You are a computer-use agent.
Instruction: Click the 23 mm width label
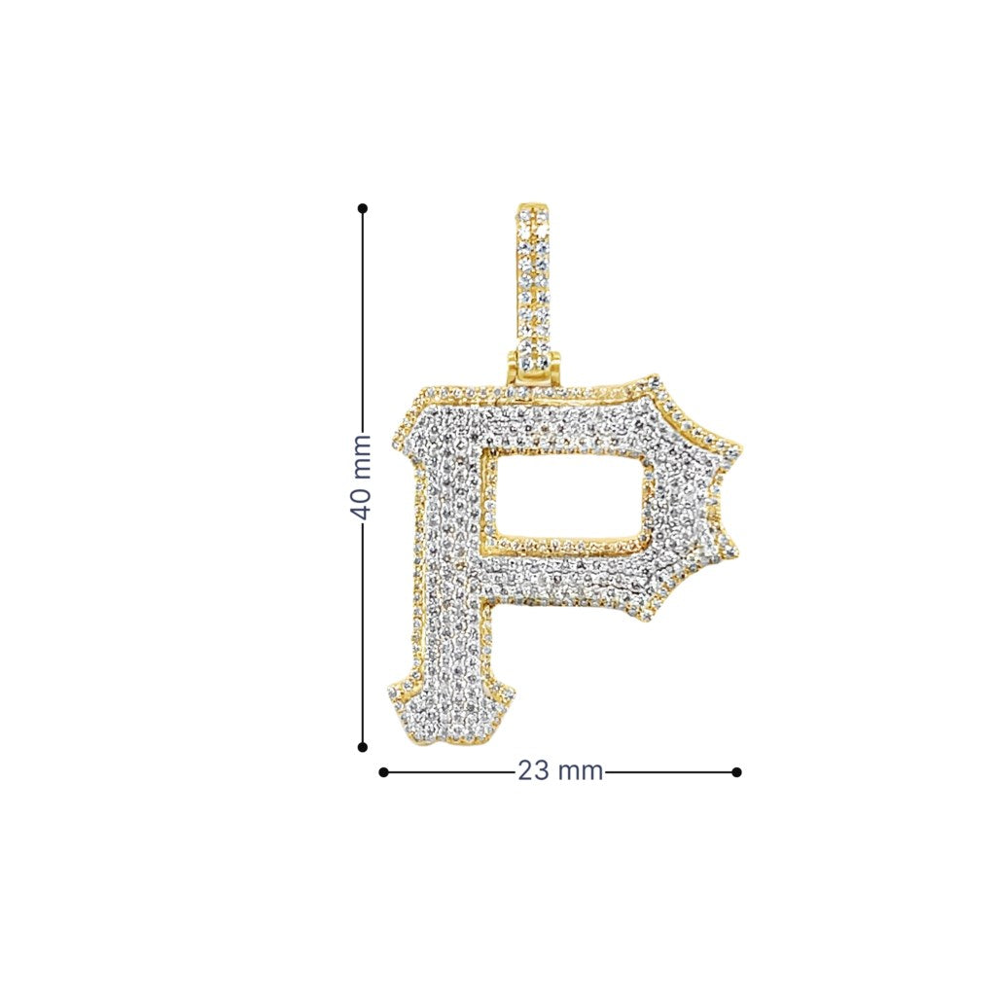[x=560, y=771]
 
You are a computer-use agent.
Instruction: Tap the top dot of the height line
[x=363, y=208]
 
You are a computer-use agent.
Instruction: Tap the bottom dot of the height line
[x=363, y=748]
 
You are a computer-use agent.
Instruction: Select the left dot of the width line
[x=383, y=772]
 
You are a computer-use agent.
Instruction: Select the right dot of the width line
[x=737, y=772]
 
